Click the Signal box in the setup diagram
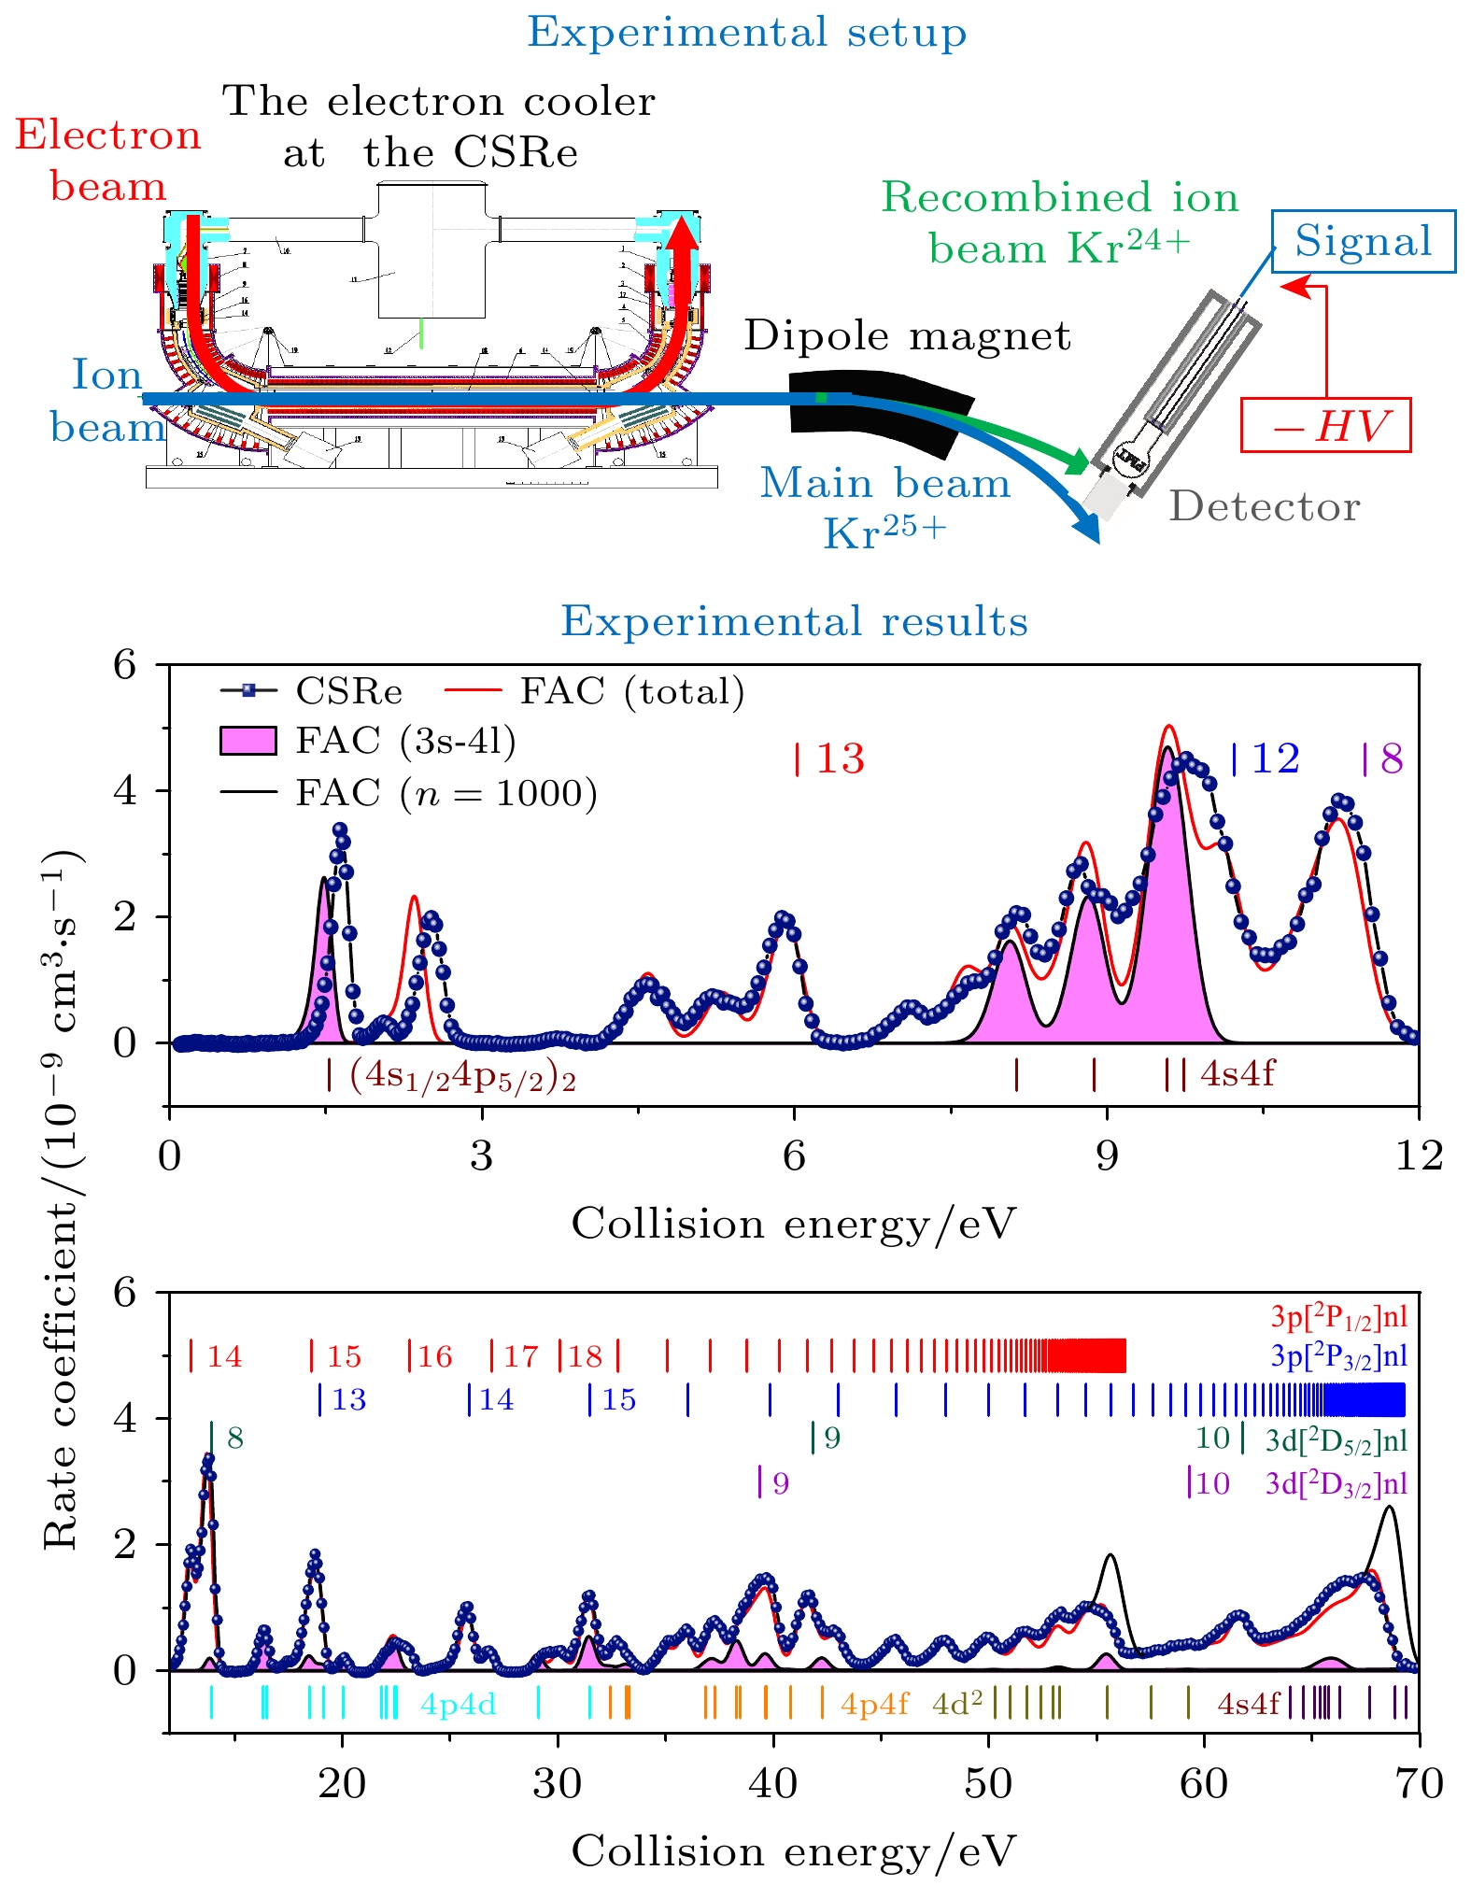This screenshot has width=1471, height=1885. pos(1363,242)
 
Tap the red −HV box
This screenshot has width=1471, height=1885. pos(1325,426)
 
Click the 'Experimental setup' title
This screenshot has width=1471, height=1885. pos(746,33)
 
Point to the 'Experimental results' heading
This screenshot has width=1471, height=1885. pos(794,622)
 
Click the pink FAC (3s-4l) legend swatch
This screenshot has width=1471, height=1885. pos(248,741)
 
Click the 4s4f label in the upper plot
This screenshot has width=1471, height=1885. pos(1237,1074)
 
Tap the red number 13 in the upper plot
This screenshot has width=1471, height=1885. pos(840,759)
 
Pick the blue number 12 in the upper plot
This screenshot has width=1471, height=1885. pos(1275,759)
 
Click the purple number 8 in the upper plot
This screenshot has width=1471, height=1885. pos(1392,759)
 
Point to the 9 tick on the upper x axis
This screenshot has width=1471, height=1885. pos(1106,1156)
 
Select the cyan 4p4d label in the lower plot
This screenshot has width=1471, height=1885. pos(458,1705)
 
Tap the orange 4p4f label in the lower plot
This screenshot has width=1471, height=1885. pos(874,1705)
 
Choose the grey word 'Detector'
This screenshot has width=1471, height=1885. pos(1265,507)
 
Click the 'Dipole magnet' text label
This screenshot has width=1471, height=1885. pos(907,336)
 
